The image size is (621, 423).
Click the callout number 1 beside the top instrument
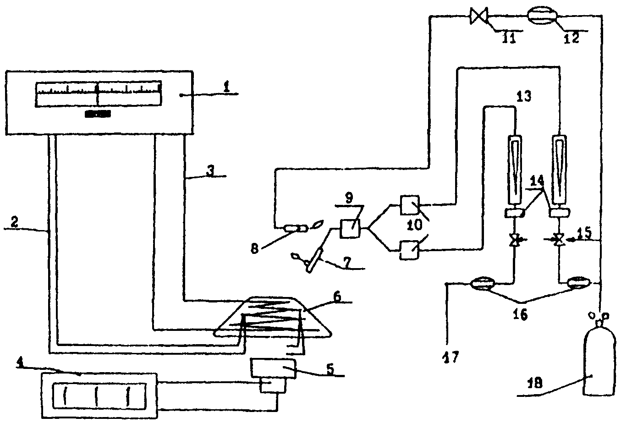tap(227, 88)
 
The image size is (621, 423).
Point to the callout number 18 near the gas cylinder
tap(535, 384)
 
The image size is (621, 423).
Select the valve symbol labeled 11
tap(479, 16)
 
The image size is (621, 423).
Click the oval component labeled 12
tap(542, 16)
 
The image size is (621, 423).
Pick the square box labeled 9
tap(350, 228)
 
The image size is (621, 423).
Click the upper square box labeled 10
tap(409, 205)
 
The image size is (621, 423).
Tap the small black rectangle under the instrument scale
tap(98, 114)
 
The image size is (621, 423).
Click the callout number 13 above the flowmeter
tap(524, 96)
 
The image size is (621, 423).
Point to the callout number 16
tap(520, 315)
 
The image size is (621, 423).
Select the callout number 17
tap(451, 357)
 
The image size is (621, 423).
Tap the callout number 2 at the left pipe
tap(14, 222)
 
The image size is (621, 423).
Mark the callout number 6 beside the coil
tap(337, 297)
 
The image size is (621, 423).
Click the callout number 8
tap(254, 249)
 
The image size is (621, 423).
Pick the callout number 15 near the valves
tap(584, 233)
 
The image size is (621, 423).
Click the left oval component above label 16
tap(483, 284)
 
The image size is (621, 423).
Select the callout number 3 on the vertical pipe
tap(211, 171)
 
